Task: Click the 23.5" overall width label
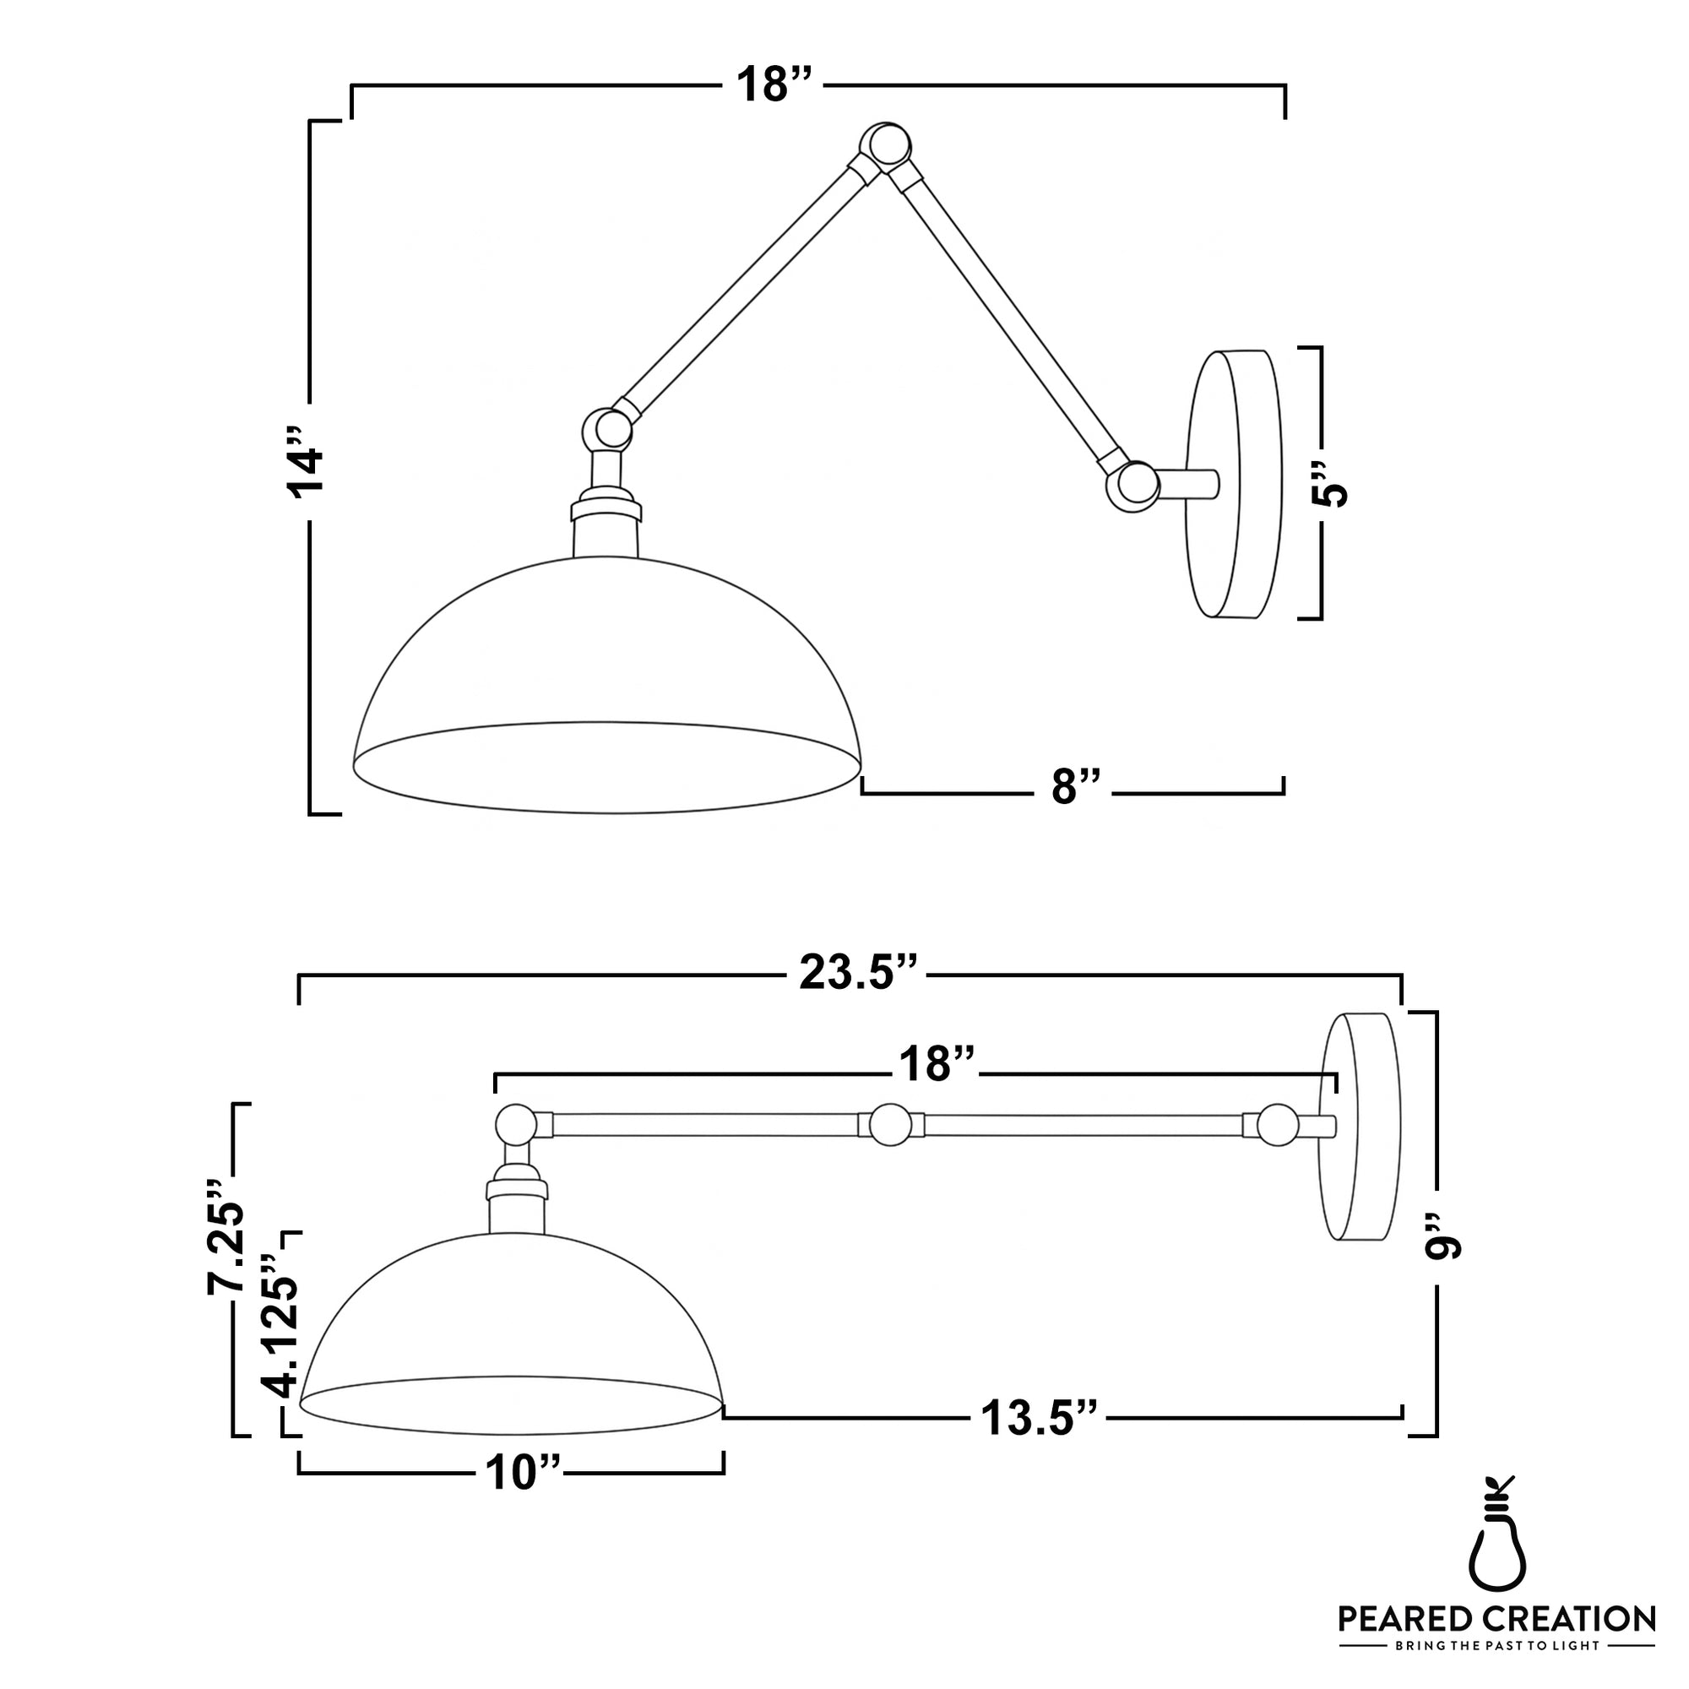click(860, 973)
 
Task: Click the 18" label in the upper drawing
click(774, 84)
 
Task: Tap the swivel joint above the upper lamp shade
click(607, 429)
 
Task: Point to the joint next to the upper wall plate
click(1134, 486)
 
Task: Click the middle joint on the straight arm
click(891, 1124)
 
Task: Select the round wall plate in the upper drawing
click(1233, 486)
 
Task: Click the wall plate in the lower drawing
click(1360, 1127)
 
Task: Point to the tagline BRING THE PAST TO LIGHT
click(1496, 1645)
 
